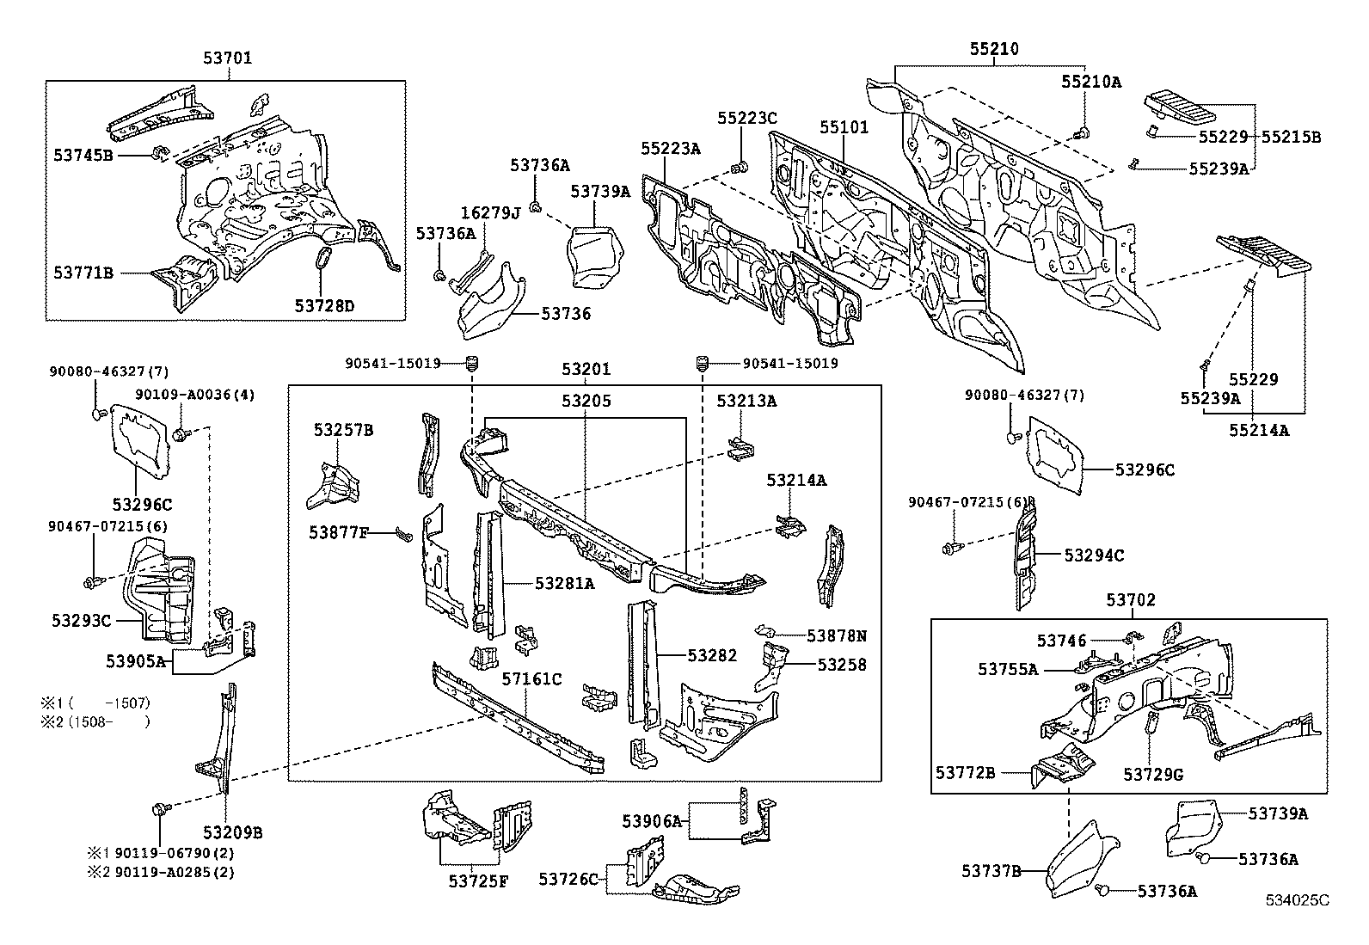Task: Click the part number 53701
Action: [228, 58]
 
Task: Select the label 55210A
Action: [1090, 82]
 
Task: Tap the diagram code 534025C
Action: [1296, 900]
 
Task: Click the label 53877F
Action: [339, 533]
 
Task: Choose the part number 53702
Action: [1131, 600]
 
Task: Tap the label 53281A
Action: [565, 583]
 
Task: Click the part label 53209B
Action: [232, 831]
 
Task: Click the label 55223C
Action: [747, 118]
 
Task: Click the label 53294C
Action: [1094, 555]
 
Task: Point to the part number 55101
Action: [844, 127]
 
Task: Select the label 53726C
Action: [568, 879]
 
